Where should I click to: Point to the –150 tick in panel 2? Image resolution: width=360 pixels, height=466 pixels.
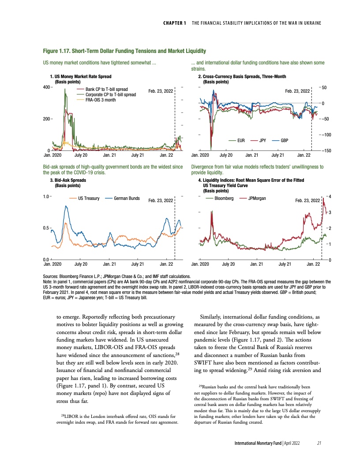(326, 151)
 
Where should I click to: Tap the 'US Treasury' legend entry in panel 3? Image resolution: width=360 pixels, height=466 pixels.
(88, 199)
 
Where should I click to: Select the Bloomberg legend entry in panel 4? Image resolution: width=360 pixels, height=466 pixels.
(225, 199)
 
